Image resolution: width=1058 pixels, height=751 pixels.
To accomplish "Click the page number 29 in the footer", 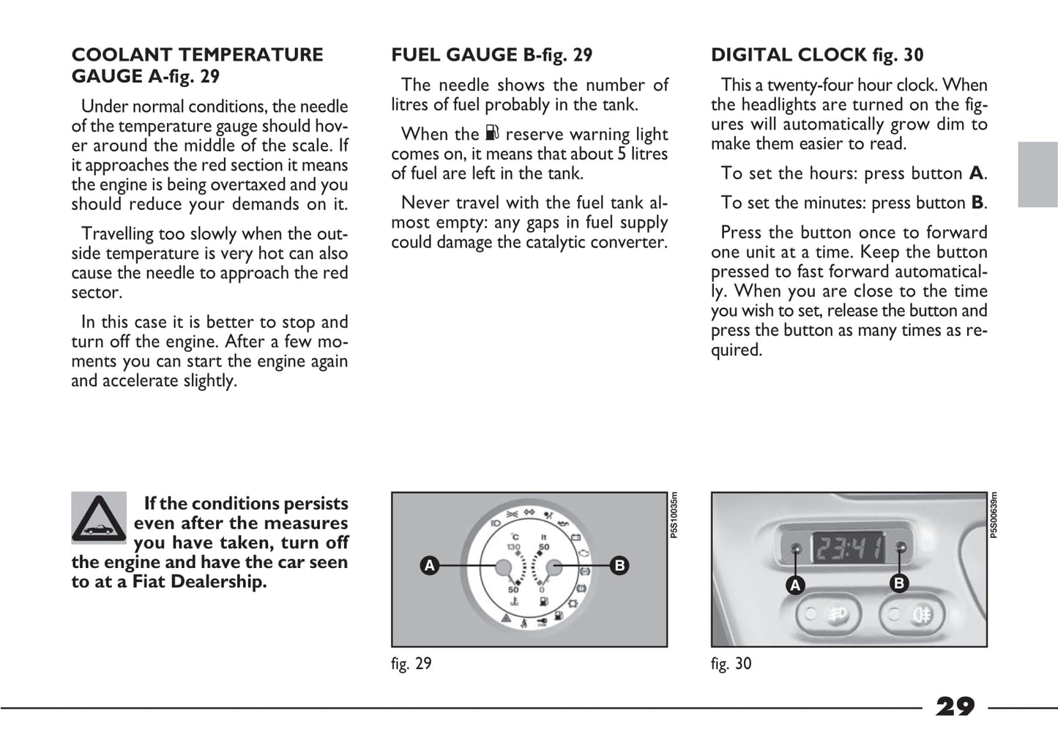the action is [955, 707].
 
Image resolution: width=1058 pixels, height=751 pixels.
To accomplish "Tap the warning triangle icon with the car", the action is [99, 518].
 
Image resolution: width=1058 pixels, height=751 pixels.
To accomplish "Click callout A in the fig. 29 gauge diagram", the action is [429, 565].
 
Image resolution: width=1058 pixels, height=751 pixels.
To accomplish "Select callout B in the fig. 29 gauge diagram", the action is [619, 565].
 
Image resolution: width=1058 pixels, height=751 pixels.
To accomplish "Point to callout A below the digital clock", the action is [795, 586].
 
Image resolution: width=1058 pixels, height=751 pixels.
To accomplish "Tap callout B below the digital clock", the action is [899, 583].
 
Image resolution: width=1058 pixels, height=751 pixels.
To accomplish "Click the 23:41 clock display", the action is [849, 549].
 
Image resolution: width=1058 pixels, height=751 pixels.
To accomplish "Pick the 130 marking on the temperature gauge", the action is [513, 547].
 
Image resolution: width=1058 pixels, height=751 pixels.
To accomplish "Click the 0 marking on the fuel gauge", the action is [542, 590].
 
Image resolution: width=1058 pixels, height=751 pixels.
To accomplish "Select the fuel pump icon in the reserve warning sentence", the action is [492, 133].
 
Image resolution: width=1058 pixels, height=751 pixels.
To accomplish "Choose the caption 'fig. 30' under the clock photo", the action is [731, 664].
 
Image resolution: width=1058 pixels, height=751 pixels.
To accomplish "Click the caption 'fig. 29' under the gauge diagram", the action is [411, 664].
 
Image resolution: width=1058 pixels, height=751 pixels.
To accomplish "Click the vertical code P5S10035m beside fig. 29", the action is [674, 515].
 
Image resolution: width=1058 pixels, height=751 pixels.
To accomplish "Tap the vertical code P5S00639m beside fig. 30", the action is [994, 515].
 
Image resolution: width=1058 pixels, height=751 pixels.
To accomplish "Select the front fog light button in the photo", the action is [829, 615].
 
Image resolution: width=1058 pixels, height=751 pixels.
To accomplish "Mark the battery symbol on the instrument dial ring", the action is [575, 537].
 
